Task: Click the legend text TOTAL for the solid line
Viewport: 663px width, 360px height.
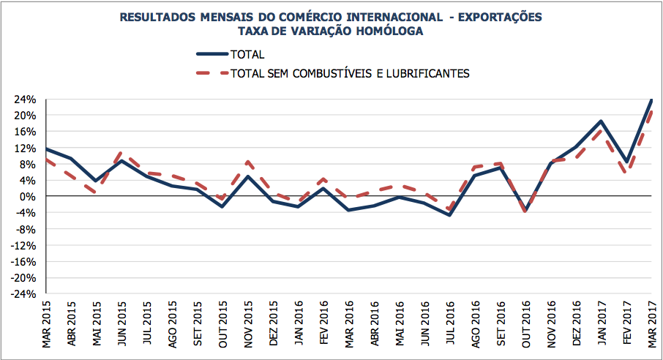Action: point(247,54)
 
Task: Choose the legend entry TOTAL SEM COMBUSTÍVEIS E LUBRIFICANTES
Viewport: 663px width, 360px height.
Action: point(349,73)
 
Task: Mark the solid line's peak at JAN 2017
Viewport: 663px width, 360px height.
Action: point(601,121)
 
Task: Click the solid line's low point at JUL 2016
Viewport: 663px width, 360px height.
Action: point(449,215)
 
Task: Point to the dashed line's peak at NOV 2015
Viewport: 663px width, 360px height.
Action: point(248,162)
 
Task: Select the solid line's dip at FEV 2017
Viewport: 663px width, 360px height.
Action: point(626,162)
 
